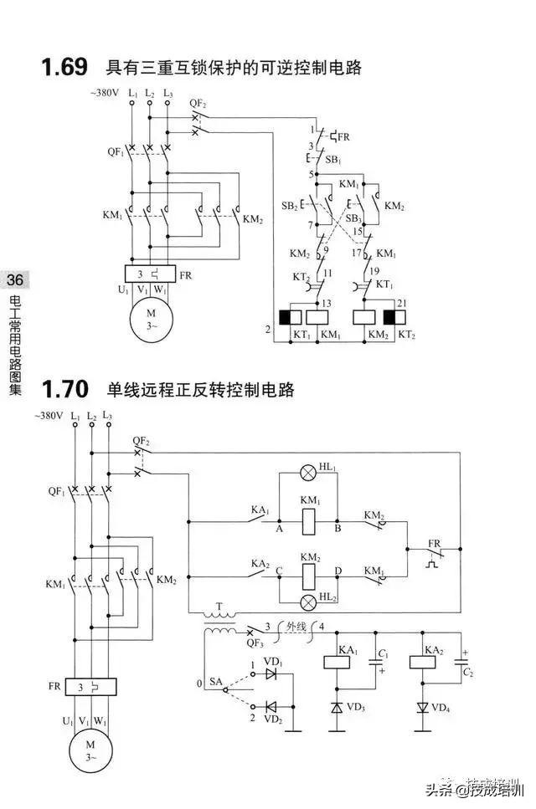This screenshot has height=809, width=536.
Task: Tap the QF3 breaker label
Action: pyautogui.click(x=226, y=643)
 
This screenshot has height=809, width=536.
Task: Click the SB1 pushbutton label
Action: pyautogui.click(x=332, y=158)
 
